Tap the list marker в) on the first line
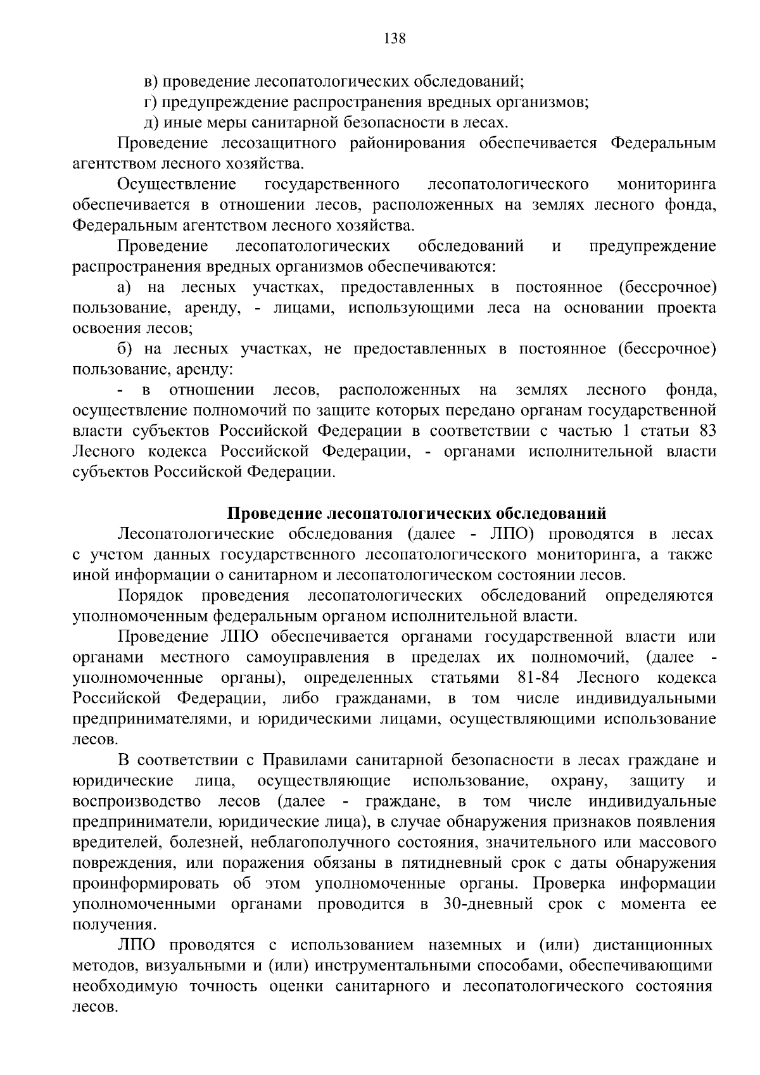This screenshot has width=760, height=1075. tap(150, 81)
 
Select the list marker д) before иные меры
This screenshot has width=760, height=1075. tap(150, 122)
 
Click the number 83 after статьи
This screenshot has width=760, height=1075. tap(707, 431)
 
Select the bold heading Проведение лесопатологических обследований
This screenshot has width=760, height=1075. tap(417, 513)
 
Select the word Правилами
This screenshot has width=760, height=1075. tap(300, 760)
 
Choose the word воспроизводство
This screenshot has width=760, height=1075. tap(137, 801)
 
